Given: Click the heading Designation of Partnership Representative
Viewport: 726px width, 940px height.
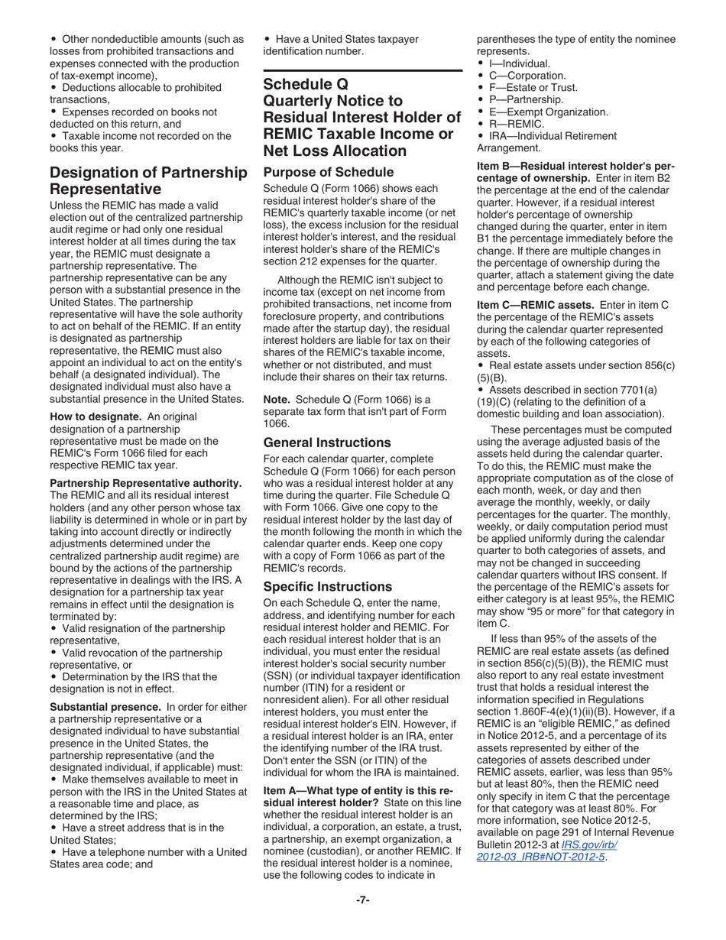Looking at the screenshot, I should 148,180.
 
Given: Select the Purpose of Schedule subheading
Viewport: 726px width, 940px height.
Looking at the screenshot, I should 329,172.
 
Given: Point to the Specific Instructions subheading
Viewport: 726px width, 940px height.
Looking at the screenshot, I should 327,586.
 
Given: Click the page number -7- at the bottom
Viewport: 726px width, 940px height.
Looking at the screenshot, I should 363,899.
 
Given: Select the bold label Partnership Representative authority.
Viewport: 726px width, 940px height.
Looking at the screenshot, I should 145,483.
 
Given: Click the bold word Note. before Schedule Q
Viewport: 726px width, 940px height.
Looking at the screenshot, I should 277,400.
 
